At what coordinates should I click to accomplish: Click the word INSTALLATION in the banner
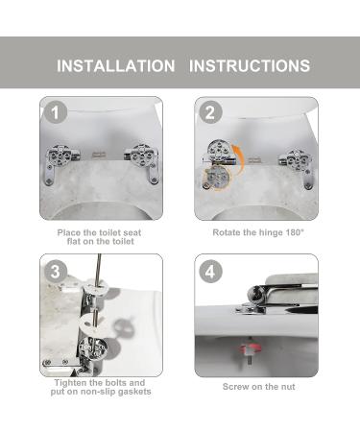pyautogui.click(x=116, y=66)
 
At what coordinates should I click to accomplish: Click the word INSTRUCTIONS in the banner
pyautogui.click(x=250, y=66)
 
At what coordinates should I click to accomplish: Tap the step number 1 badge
pyautogui.click(x=56, y=112)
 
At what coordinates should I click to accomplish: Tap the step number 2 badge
pyautogui.click(x=210, y=112)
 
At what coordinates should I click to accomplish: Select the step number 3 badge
pyautogui.click(x=56, y=272)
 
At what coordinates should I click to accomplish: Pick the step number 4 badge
pyautogui.click(x=210, y=272)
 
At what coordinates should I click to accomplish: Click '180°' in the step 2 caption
pyautogui.click(x=295, y=232)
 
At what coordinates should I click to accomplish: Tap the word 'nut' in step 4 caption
pyautogui.click(x=288, y=387)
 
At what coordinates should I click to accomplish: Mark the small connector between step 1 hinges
pyautogui.click(x=99, y=155)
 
